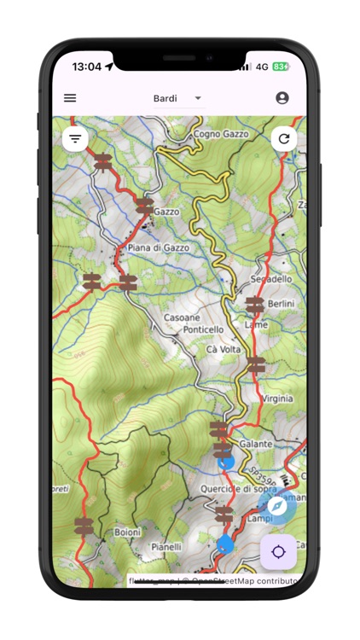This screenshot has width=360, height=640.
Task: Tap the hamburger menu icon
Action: pyautogui.click(x=70, y=98)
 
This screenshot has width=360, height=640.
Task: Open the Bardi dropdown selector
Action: pyautogui.click(x=177, y=98)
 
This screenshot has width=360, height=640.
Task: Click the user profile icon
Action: pyautogui.click(x=282, y=98)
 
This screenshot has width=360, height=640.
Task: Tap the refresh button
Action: pyautogui.click(x=284, y=138)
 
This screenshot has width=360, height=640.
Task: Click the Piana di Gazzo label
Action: pyautogui.click(x=158, y=247)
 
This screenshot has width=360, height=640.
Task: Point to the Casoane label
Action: pyautogui.click(x=182, y=317)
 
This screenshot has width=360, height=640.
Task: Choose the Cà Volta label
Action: pyautogui.click(x=224, y=349)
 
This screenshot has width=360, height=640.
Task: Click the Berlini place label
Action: pyautogui.click(x=280, y=304)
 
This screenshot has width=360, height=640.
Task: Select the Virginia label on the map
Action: pyautogui.click(x=278, y=399)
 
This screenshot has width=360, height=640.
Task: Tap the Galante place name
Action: pyautogui.click(x=256, y=444)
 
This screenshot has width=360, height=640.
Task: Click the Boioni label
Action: pyautogui.click(x=128, y=533)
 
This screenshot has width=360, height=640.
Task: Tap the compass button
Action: pyautogui.click(x=278, y=506)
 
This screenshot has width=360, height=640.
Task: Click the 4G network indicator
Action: pyautogui.click(x=262, y=67)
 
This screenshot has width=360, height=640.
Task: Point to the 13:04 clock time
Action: pyautogui.click(x=86, y=67)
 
